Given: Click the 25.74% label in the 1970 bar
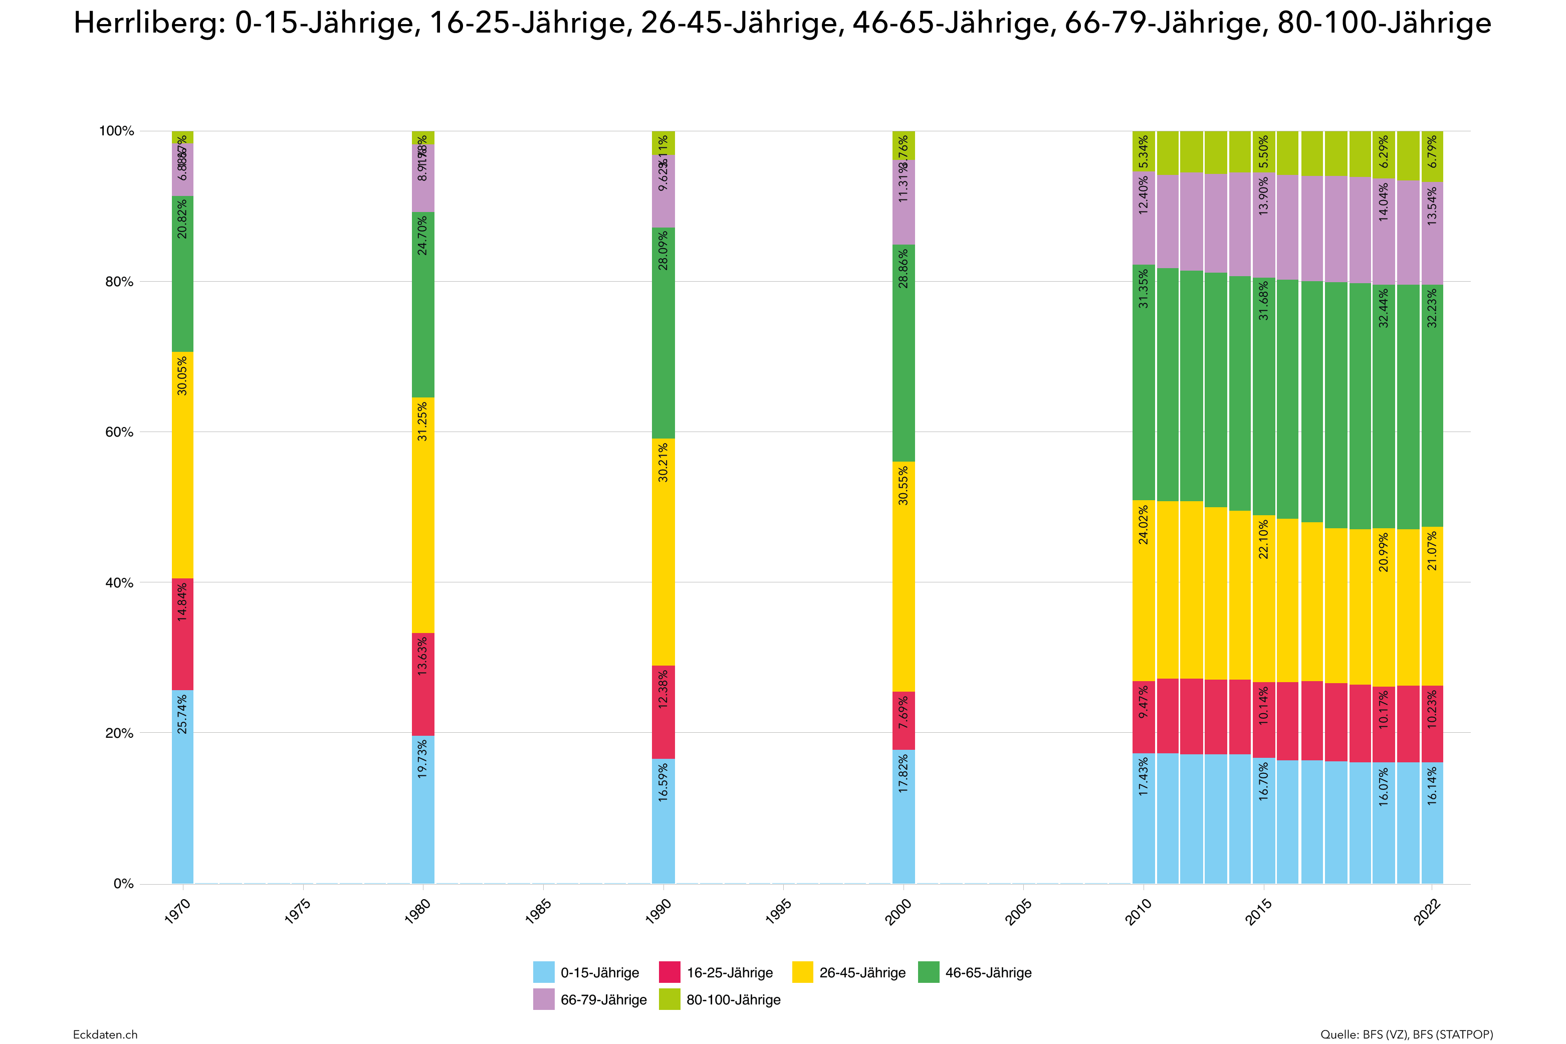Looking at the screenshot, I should click(182, 714).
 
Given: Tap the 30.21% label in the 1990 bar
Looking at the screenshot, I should click(663, 462).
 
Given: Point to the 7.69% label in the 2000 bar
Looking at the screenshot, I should click(903, 712).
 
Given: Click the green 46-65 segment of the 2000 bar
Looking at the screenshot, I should click(903, 353).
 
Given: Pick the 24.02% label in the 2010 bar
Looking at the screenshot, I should click(1144, 525).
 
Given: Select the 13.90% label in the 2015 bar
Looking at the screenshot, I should click(1263, 196).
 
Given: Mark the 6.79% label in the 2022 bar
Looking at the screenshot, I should click(1432, 151).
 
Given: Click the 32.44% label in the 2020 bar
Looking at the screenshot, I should click(1384, 308).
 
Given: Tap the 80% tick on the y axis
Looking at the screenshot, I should click(119, 282).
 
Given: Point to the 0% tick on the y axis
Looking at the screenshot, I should click(123, 884).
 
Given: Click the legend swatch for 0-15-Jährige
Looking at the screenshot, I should click(543, 972).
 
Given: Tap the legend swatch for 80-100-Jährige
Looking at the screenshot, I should click(669, 999).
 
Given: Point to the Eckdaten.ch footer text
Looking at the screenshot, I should click(105, 1034).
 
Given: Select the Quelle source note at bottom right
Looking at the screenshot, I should click(1406, 1034).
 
